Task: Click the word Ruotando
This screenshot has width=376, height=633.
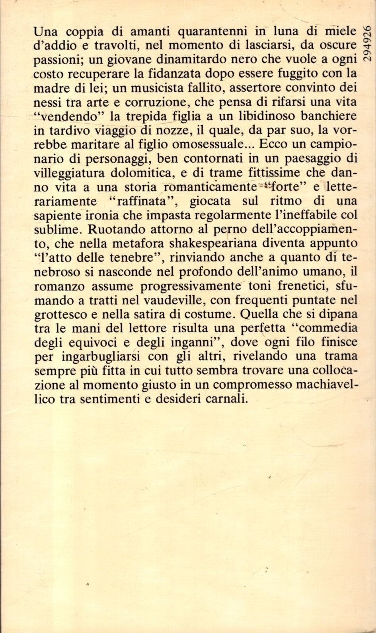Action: coord(113,228)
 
